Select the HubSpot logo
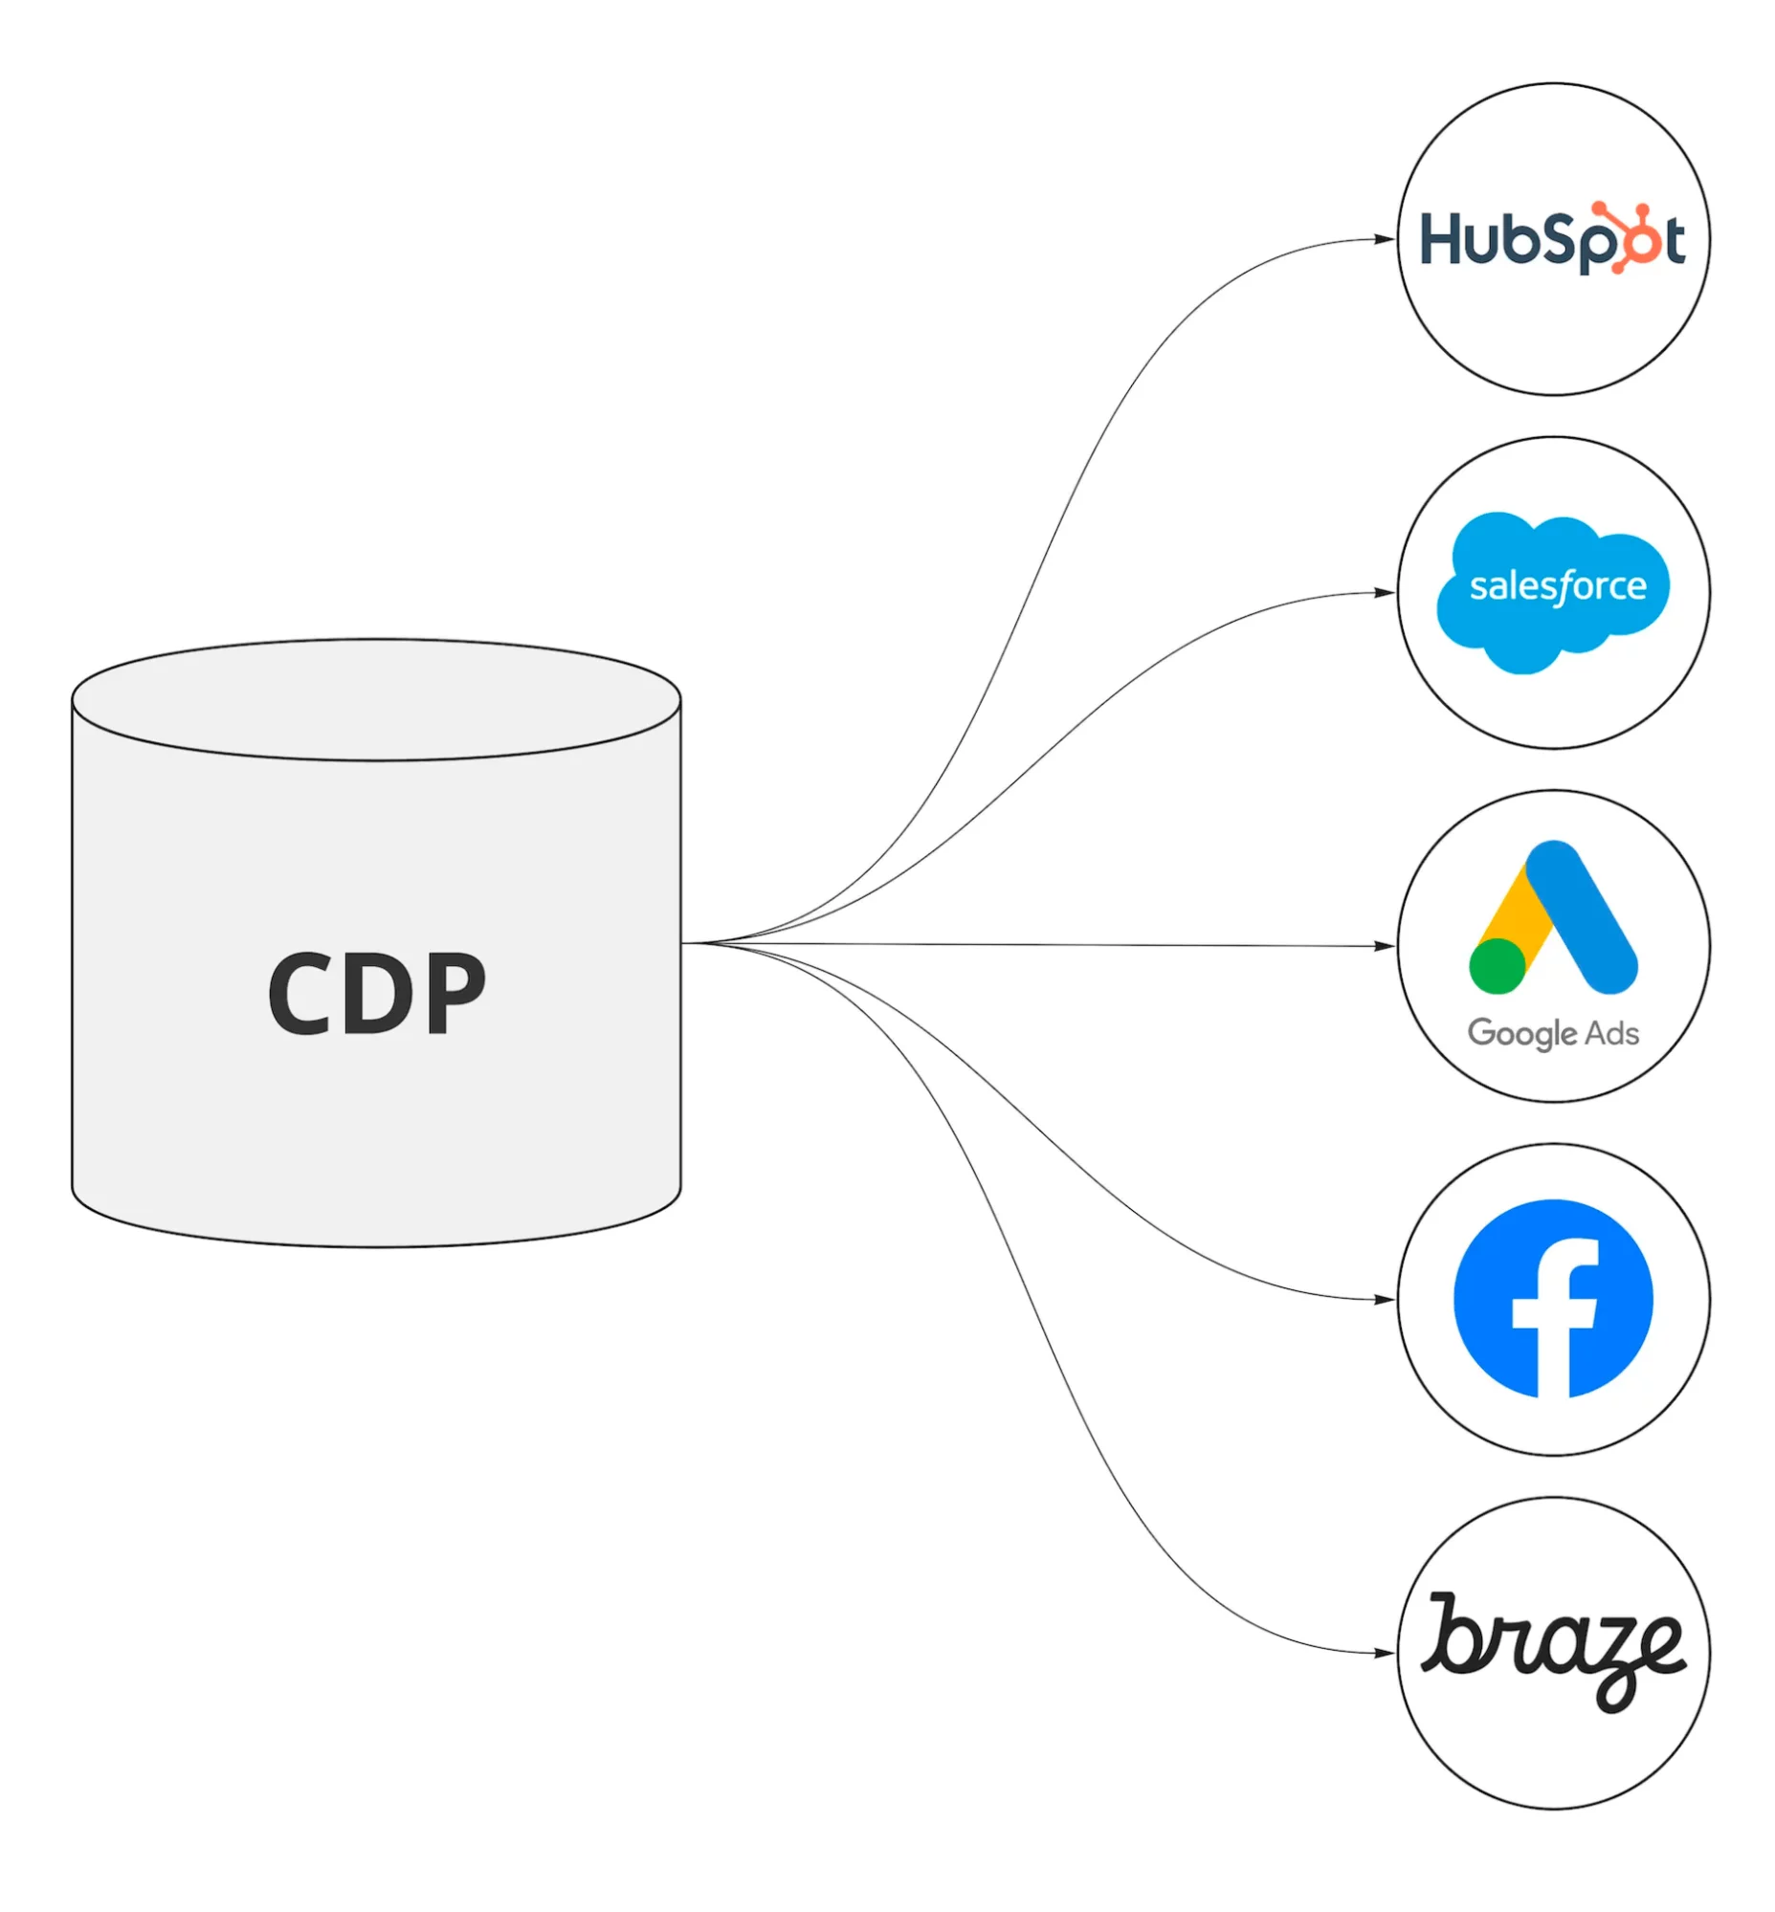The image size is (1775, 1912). pyautogui.click(x=1552, y=239)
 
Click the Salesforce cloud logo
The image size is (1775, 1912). pyautogui.click(x=1553, y=592)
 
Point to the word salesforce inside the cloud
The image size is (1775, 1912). pyautogui.click(x=1558, y=586)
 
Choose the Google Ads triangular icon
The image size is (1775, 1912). pyautogui.click(x=1553, y=917)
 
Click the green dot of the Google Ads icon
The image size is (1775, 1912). pyautogui.click(x=1498, y=966)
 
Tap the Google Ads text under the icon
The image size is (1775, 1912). pyautogui.click(x=1553, y=1033)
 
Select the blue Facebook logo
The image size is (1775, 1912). pyautogui.click(x=1553, y=1298)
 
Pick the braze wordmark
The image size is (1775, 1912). pyautogui.click(x=1553, y=1651)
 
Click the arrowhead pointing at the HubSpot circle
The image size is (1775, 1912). pyautogui.click(x=1384, y=239)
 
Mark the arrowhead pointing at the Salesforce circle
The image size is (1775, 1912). pyautogui.click(x=1384, y=592)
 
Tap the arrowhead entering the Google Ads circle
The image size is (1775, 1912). pyautogui.click(x=1384, y=946)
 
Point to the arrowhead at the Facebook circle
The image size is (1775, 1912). pyautogui.click(x=1384, y=1299)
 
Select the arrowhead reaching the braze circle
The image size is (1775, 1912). pyautogui.click(x=1384, y=1653)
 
